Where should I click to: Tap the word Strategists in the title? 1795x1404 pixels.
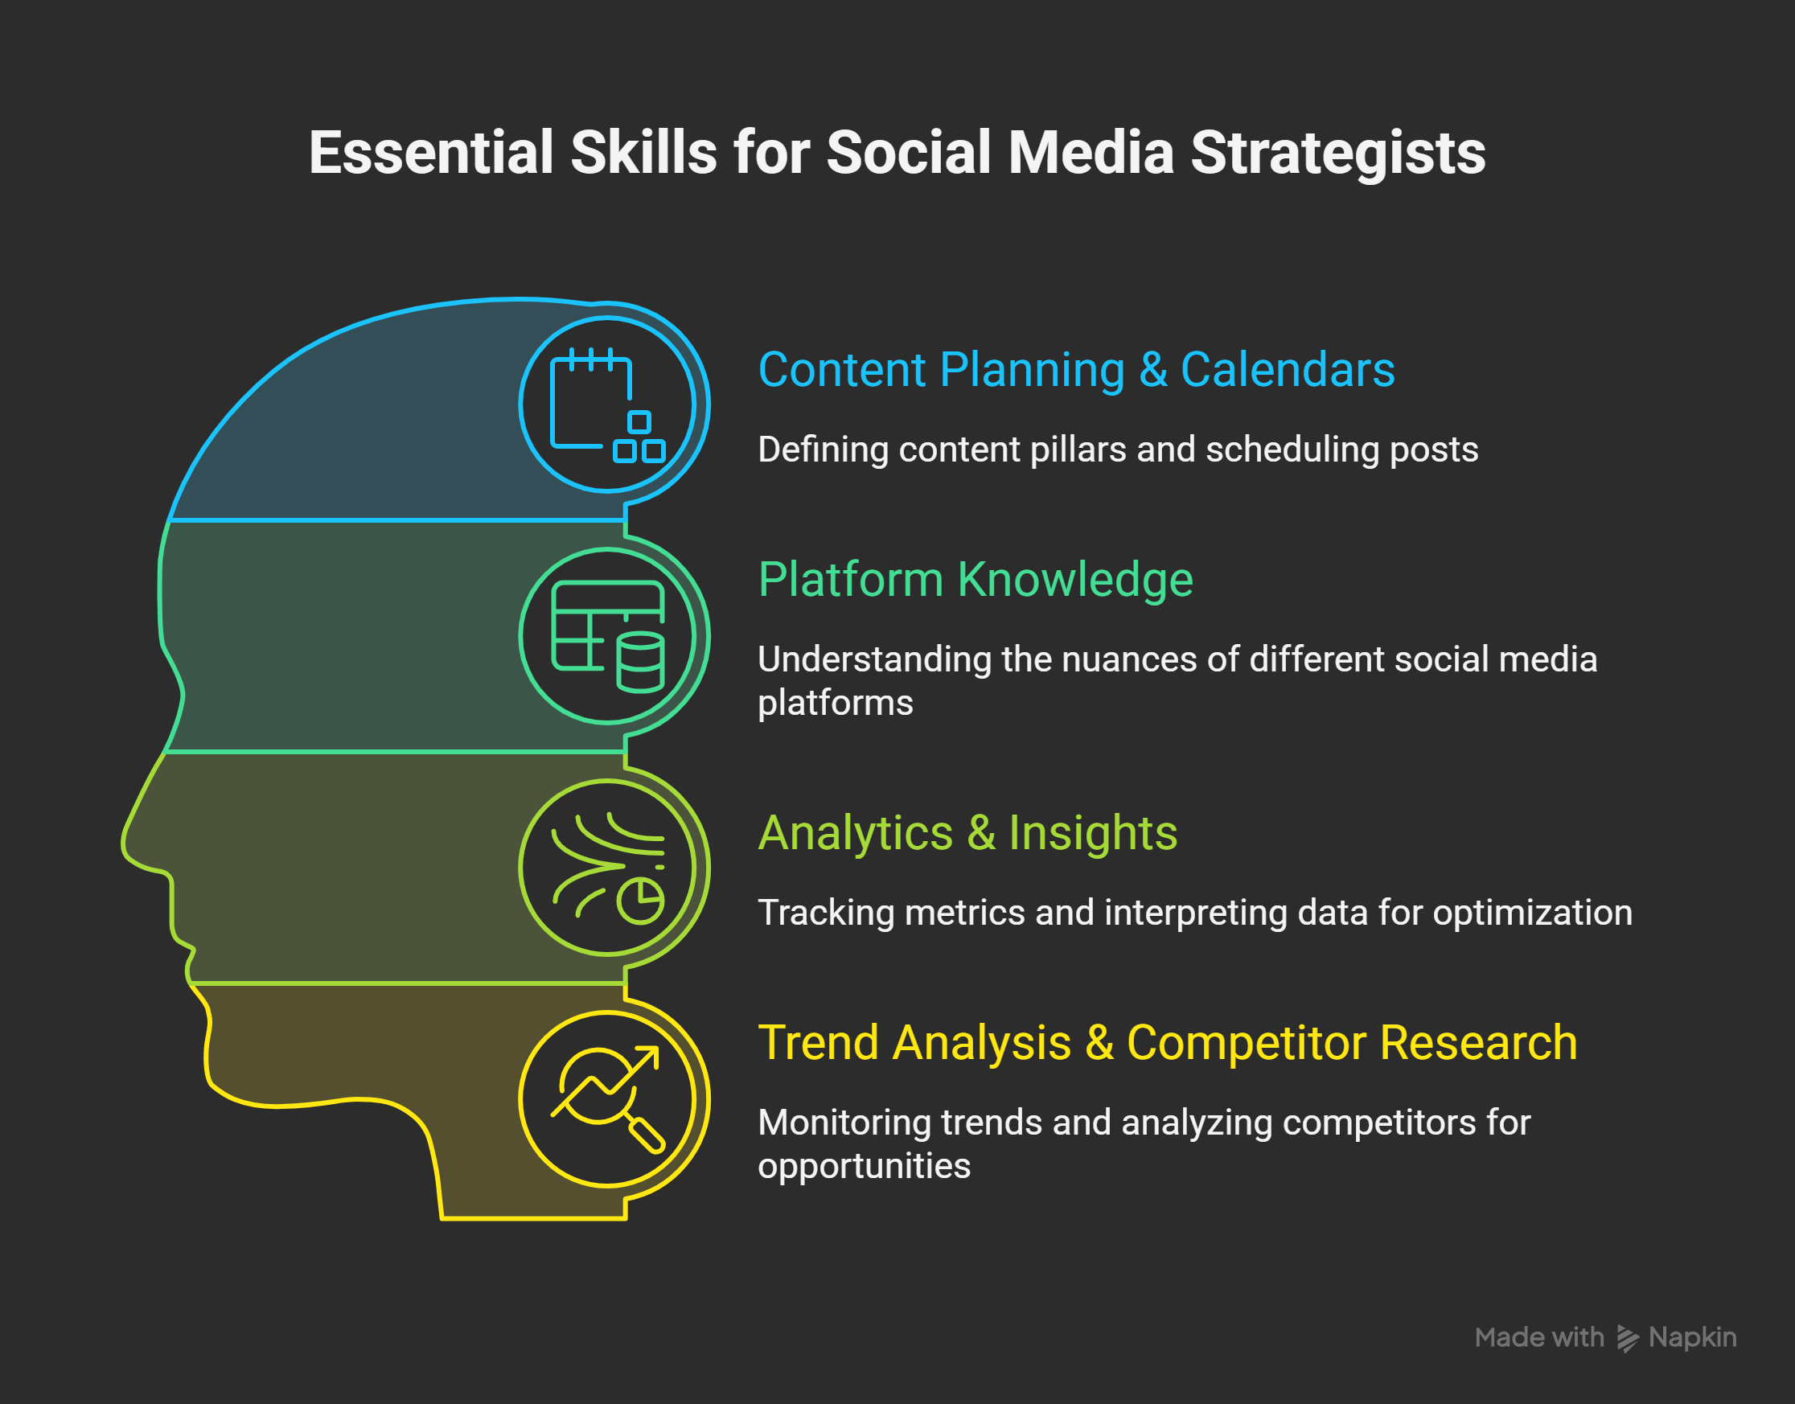point(1337,154)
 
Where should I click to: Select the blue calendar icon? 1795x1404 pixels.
point(606,404)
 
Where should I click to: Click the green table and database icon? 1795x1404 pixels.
point(606,635)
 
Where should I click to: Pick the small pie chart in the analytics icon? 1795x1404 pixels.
point(640,901)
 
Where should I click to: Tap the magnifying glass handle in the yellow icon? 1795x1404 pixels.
point(647,1136)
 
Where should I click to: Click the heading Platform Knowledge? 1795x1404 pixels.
point(975,580)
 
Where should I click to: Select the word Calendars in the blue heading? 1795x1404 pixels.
point(1287,370)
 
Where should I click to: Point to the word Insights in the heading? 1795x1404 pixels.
point(1092,833)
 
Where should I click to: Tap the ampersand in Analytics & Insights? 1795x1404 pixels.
point(981,833)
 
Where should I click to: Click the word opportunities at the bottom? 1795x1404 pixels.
point(864,1166)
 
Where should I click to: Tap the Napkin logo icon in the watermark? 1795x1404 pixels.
point(1628,1338)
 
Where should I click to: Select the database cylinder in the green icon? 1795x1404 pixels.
point(640,663)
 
